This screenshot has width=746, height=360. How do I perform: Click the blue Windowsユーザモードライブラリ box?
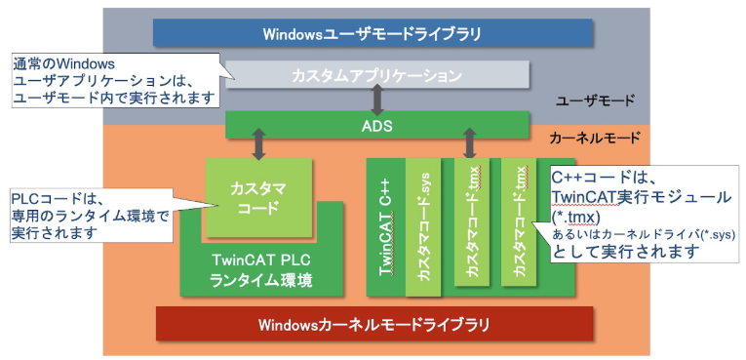coord(373,33)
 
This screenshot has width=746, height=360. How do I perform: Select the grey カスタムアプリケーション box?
coord(375,74)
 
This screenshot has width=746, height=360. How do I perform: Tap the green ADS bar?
coord(375,125)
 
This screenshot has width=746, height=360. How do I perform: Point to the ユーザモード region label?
coord(594,100)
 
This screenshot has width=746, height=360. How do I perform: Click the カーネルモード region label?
coord(594,139)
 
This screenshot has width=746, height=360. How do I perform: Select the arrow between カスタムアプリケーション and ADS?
coord(375,99)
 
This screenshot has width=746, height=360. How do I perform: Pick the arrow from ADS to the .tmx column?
coord(470,144)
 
